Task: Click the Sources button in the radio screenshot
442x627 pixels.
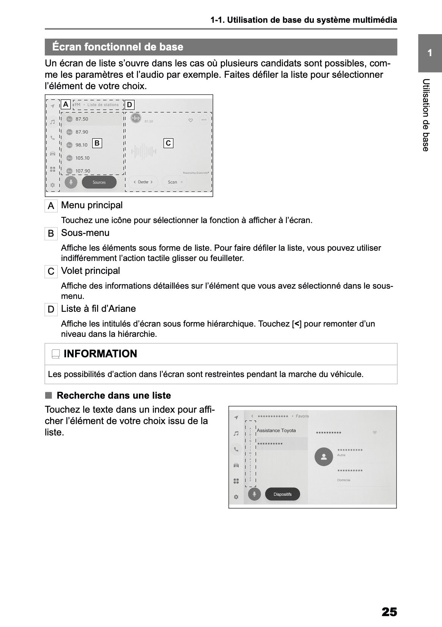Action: coord(99,182)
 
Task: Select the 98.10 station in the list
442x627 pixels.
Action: coord(81,145)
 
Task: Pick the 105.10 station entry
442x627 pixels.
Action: coord(82,158)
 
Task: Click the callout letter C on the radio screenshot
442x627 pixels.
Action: coord(168,143)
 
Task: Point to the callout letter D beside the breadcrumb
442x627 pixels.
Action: coord(129,105)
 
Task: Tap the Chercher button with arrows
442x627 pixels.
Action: coord(143,182)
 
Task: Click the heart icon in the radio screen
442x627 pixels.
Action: coord(190,120)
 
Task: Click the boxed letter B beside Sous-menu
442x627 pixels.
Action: coord(51,234)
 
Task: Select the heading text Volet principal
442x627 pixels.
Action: coord(90,271)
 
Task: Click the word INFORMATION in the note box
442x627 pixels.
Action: coord(100,354)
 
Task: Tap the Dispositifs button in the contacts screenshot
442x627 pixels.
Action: coord(282,494)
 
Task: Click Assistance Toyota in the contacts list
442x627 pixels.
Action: coord(276,431)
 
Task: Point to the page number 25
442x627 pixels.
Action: coord(389,612)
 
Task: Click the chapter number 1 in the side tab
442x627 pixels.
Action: coord(429,53)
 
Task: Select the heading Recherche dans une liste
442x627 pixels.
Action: coord(113,396)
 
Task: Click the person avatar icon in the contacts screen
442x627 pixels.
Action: coord(324,457)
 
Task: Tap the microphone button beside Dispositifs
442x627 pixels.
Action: coord(254,494)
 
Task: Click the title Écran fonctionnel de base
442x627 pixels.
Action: coord(118,47)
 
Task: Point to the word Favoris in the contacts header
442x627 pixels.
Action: coord(302,416)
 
